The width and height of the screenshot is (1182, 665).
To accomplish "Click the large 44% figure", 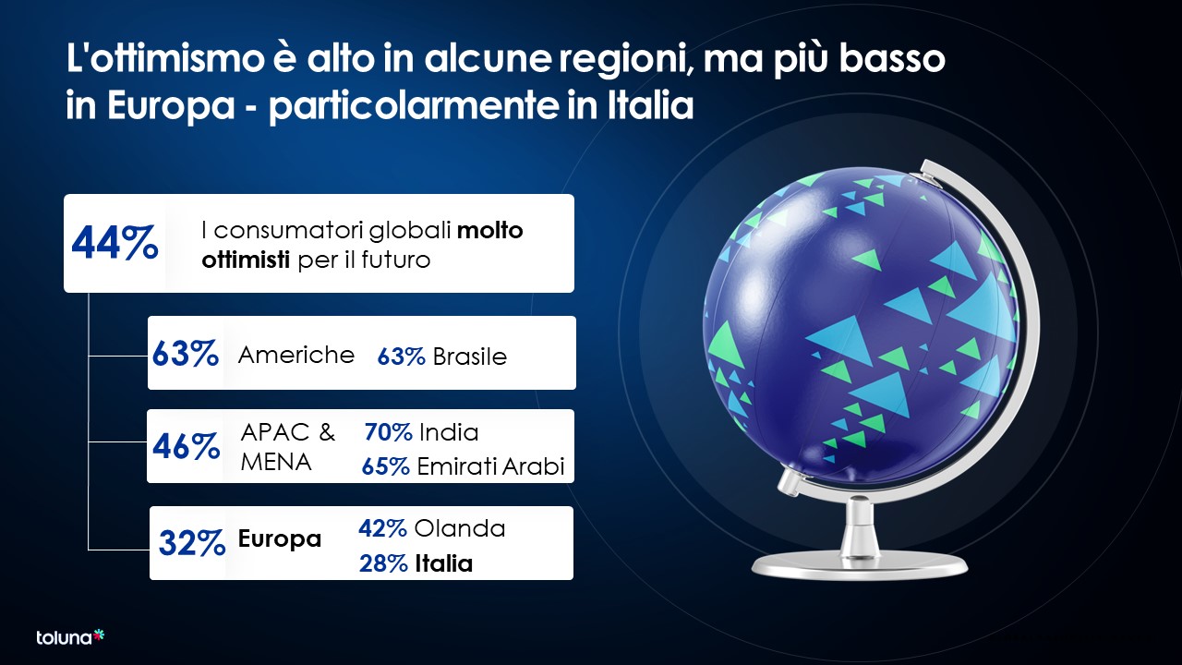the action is point(115,243).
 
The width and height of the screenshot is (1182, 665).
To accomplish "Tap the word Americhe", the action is point(296,355).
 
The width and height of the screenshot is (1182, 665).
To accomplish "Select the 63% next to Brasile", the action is point(401,357).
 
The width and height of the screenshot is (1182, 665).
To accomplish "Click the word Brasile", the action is point(470,357).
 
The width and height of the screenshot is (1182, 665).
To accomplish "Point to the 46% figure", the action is point(186,446).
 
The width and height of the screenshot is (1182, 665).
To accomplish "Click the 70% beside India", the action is point(389,432).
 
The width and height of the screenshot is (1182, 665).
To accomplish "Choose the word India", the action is point(449,432).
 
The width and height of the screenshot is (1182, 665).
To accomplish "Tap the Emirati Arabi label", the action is point(490,466).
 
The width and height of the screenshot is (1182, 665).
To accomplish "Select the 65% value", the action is point(386,466).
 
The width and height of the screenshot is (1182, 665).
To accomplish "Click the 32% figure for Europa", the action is point(192,543).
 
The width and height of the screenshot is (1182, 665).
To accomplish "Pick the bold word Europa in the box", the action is point(280,538).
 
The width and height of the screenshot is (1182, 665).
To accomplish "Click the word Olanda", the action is point(460,528).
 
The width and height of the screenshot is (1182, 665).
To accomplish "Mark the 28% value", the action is point(383,563).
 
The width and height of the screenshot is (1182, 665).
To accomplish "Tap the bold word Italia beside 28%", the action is point(444,563).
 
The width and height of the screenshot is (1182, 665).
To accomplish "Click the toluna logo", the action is point(70,637).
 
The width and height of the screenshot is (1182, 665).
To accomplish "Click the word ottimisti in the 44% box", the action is point(246,260).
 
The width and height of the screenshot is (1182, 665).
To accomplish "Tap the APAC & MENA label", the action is point(288,447).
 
